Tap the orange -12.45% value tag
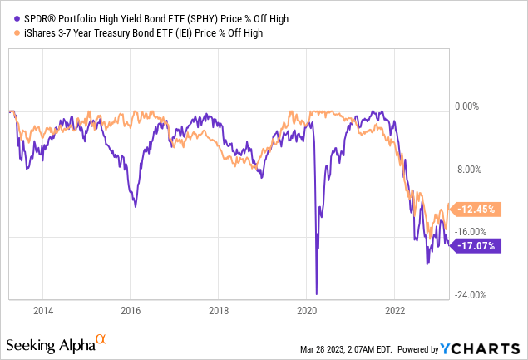[475, 209]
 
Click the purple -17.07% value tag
[475, 245]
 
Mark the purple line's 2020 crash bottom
[317, 293]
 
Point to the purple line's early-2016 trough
[136, 205]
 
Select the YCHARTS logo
[491, 346]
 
